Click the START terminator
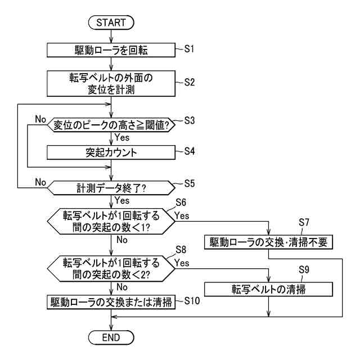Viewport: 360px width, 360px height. (111, 22)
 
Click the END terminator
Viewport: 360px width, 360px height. (111, 337)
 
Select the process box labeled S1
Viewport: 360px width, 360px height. (111, 50)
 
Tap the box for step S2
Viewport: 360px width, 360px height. (111, 83)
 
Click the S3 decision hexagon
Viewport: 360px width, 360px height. (111, 125)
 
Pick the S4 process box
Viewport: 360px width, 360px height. (111, 152)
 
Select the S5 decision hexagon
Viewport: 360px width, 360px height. (111, 188)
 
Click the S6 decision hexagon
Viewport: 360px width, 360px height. (111, 221)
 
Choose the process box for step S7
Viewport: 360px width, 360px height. (268, 242)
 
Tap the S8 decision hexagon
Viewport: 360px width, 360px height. (111, 268)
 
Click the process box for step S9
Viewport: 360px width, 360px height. (268, 289)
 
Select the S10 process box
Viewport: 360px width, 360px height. (111, 302)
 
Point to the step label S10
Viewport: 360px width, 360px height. (192, 301)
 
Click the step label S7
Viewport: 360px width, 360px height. (304, 222)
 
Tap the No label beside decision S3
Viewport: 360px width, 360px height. (40, 119)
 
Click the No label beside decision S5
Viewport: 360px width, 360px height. (40, 182)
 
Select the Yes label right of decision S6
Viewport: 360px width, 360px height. (182, 215)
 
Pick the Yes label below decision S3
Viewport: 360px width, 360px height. (122, 137)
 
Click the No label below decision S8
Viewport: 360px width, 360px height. (122, 287)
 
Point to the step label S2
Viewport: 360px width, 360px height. (190, 82)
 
